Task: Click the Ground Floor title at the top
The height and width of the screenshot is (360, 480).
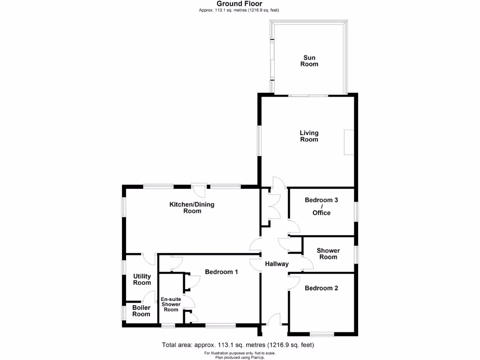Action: pyautogui.click(x=240, y=4)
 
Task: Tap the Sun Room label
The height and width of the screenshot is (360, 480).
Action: pyautogui.click(x=309, y=61)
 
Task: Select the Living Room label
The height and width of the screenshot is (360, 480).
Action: pyautogui.click(x=309, y=136)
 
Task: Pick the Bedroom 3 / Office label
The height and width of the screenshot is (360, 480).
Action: pyautogui.click(x=322, y=206)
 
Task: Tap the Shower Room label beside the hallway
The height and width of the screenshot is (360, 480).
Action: pyautogui.click(x=328, y=254)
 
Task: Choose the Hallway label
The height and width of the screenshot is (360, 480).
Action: pyautogui.click(x=277, y=264)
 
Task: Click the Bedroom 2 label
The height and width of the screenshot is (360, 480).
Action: pyautogui.click(x=321, y=288)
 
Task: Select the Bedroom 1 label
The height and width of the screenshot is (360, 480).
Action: pyautogui.click(x=221, y=272)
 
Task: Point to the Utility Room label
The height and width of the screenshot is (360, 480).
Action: pyautogui.click(x=142, y=279)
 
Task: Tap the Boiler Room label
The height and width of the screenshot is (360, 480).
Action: pyautogui.click(x=141, y=311)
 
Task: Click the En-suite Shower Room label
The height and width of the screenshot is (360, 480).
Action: pyautogui.click(x=171, y=304)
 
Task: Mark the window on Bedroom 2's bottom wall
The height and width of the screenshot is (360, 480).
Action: pyautogui.click(x=322, y=334)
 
